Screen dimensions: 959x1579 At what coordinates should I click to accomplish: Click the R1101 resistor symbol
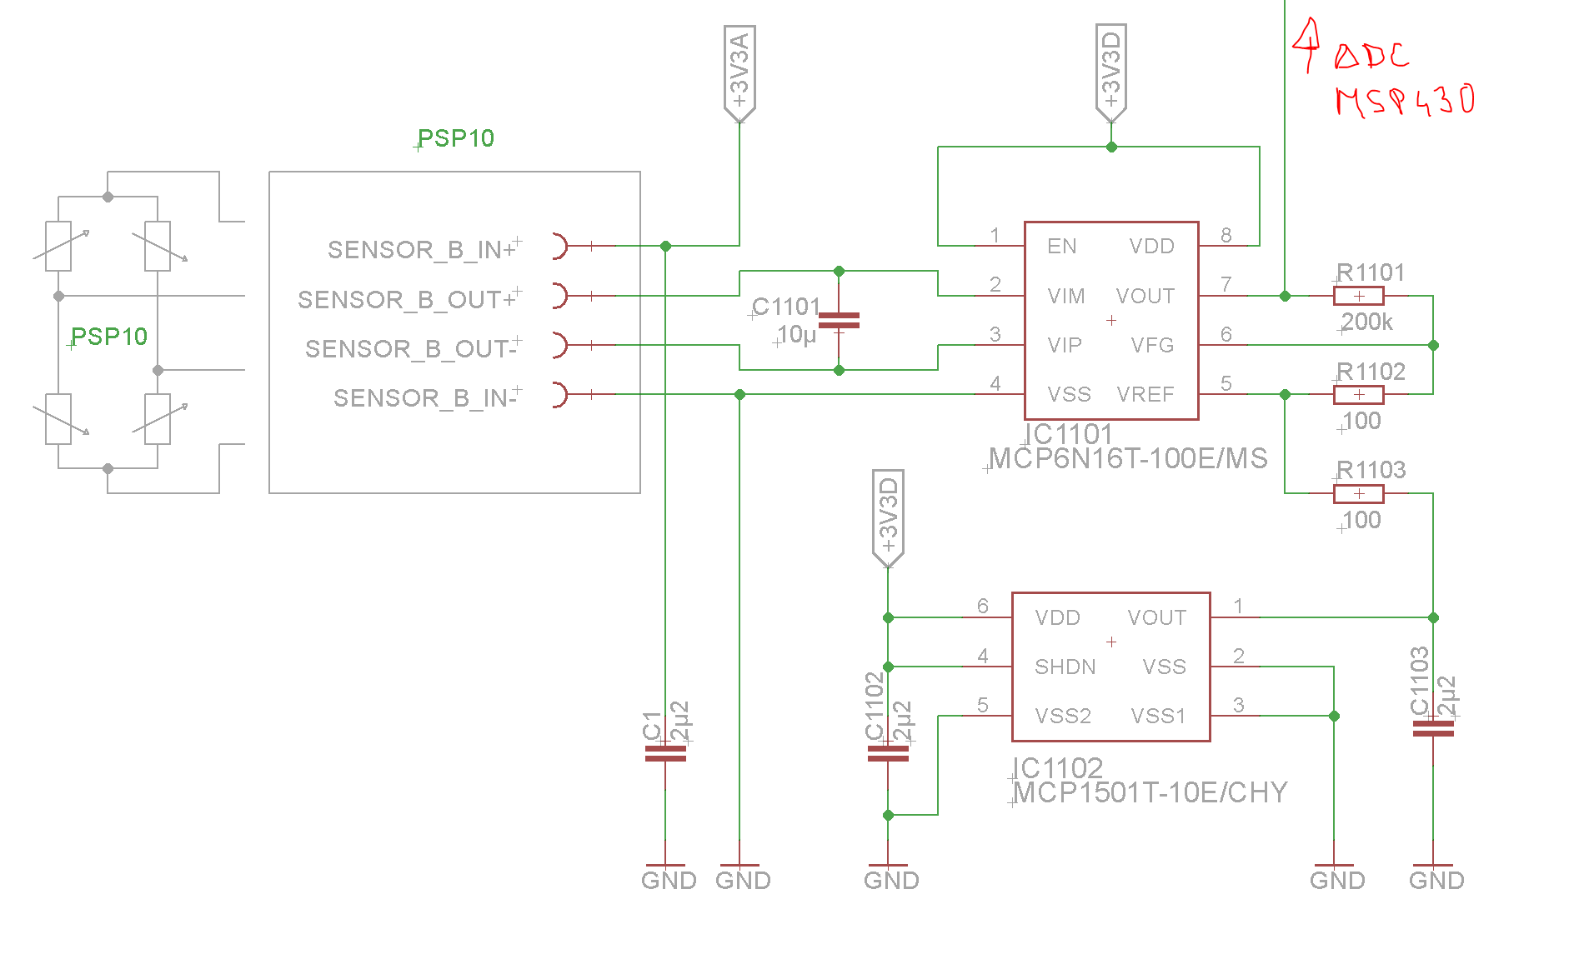pyautogui.click(x=1358, y=296)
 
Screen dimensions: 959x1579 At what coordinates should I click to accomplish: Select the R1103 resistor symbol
pyautogui.click(x=1358, y=493)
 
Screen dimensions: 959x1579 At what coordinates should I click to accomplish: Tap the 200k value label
pyautogui.click(x=1367, y=322)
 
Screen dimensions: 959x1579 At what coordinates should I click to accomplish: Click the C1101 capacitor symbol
pyautogui.click(x=839, y=320)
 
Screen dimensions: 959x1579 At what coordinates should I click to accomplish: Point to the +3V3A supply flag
pyautogui.click(x=739, y=72)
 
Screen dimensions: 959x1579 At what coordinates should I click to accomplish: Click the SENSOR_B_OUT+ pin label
pyautogui.click(x=407, y=300)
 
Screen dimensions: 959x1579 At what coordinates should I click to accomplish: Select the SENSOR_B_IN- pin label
pyautogui.click(x=424, y=398)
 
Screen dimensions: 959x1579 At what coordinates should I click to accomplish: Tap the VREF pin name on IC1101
pyautogui.click(x=1145, y=394)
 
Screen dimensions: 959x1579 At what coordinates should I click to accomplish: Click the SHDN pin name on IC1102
pyautogui.click(x=1065, y=667)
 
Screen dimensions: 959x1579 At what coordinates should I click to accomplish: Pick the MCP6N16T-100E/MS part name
pyautogui.click(x=1127, y=459)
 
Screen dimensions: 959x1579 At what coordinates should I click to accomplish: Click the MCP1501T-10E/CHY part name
pyautogui.click(x=1150, y=792)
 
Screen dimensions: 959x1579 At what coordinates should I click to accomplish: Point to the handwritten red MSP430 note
pyautogui.click(x=1405, y=101)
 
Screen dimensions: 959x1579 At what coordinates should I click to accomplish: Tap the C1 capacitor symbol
pyautogui.click(x=665, y=754)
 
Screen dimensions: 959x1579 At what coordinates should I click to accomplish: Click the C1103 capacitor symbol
pyautogui.click(x=1433, y=729)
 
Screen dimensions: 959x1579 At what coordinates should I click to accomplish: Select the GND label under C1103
pyautogui.click(x=1436, y=881)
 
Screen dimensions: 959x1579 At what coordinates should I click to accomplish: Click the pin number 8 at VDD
pyautogui.click(x=1226, y=235)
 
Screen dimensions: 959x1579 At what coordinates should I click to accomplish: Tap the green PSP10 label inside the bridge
pyautogui.click(x=109, y=337)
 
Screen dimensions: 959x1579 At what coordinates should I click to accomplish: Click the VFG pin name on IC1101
pyautogui.click(x=1152, y=345)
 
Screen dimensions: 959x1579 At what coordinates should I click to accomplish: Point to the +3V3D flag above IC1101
pyautogui.click(x=1110, y=71)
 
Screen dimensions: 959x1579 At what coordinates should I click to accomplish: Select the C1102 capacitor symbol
pyautogui.click(x=888, y=754)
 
